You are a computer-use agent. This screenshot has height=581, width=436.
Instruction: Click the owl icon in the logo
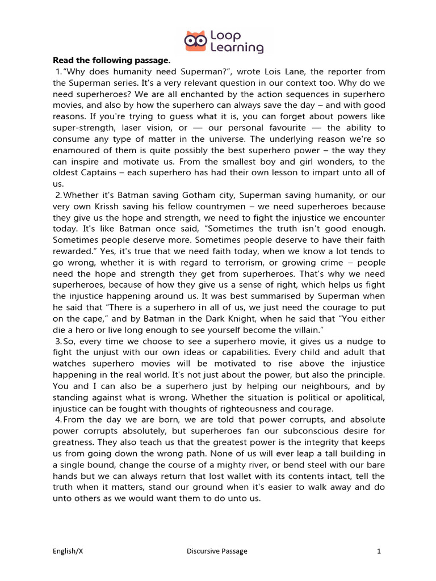pyautogui.click(x=196, y=40)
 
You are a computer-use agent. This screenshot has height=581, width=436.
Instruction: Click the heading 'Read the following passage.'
pyautogui.click(x=111, y=60)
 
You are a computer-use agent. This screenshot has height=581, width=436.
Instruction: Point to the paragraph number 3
pyautogui.click(x=58, y=342)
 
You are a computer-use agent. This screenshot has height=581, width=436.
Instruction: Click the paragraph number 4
pyautogui.click(x=58, y=419)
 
